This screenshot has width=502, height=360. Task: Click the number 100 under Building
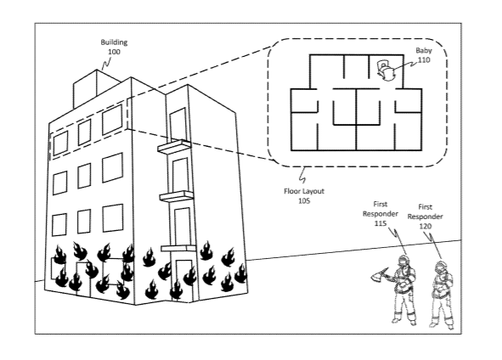[114, 52]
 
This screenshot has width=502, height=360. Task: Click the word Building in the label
[114, 42]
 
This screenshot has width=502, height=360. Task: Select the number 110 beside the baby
[424, 59]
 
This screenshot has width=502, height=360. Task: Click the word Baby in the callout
[424, 51]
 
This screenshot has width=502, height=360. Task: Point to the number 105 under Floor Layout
[304, 201]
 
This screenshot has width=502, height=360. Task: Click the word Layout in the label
[313, 191]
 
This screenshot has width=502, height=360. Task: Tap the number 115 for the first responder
[381, 223]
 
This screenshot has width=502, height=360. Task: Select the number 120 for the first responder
[426, 226]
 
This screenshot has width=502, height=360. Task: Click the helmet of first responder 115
[403, 260]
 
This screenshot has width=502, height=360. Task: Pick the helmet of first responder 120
[441, 266]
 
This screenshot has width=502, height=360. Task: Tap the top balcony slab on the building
[174, 146]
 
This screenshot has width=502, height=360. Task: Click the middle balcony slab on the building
[177, 196]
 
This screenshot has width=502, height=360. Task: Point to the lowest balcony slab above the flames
[178, 249]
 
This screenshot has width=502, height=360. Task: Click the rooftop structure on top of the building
[96, 88]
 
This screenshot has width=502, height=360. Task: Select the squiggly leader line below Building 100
[105, 64]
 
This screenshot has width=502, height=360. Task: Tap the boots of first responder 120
[442, 323]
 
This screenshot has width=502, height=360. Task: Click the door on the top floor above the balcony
[178, 125]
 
